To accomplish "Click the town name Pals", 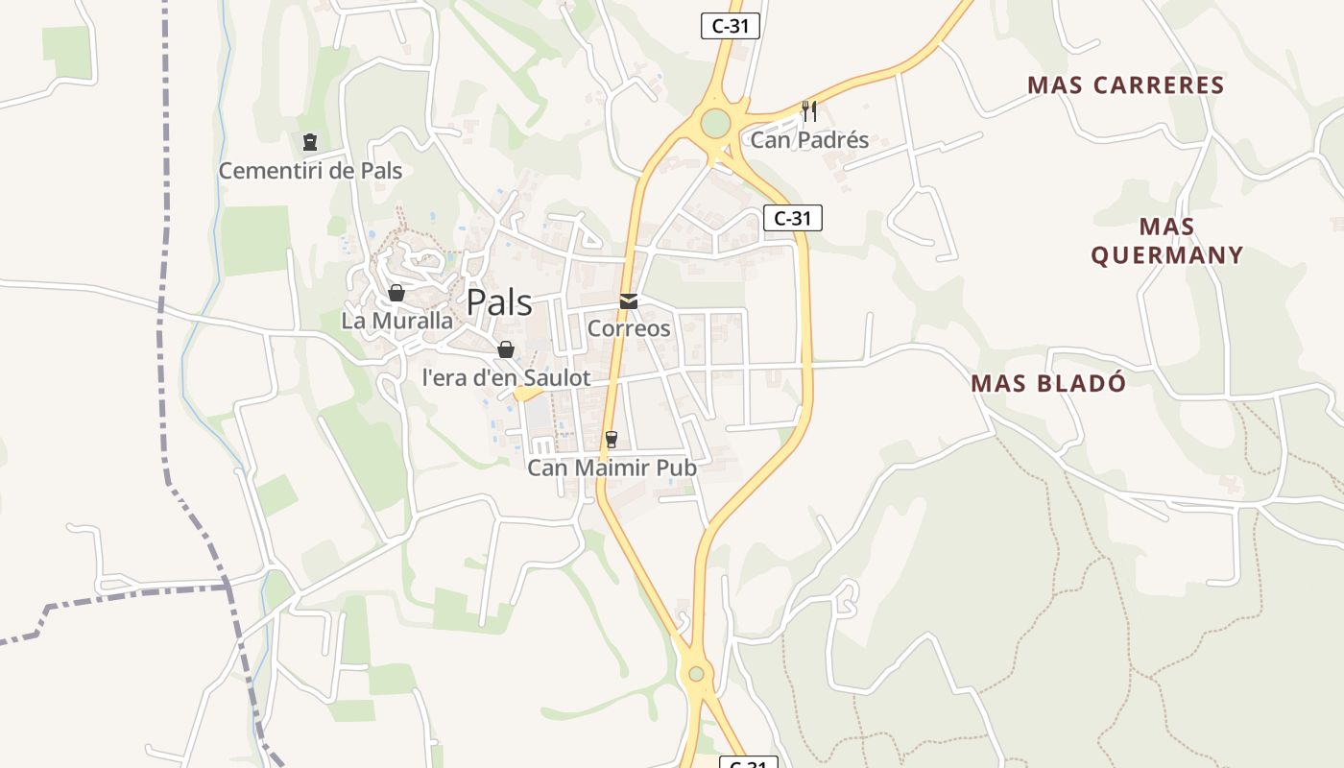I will pyautogui.click(x=499, y=302).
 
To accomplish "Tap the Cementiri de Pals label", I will pyautogui.click(x=310, y=171).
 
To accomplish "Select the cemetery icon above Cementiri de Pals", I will pyautogui.click(x=309, y=143).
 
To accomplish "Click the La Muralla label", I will pyautogui.click(x=396, y=321).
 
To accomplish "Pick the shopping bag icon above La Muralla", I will pyautogui.click(x=396, y=293).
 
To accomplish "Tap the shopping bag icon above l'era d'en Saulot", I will pyautogui.click(x=506, y=349).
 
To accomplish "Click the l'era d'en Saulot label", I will pyautogui.click(x=506, y=378).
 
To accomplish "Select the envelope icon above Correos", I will pyautogui.click(x=629, y=301).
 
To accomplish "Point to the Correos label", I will pyautogui.click(x=629, y=328).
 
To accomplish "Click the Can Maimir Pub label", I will pyautogui.click(x=612, y=468).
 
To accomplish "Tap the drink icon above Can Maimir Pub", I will pyautogui.click(x=611, y=440).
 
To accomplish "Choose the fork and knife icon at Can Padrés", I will pyautogui.click(x=809, y=111).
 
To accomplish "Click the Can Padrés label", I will pyautogui.click(x=809, y=140).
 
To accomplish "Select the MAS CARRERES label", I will pyautogui.click(x=1126, y=85).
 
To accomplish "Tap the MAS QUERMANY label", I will pyautogui.click(x=1167, y=241).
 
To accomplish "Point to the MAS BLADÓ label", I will pyautogui.click(x=1048, y=383).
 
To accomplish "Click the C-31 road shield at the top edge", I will pyautogui.click(x=730, y=26).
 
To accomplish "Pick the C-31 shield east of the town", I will pyautogui.click(x=793, y=218).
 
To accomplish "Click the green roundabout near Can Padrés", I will pyautogui.click(x=715, y=124).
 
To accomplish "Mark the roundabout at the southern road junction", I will pyautogui.click(x=696, y=674).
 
